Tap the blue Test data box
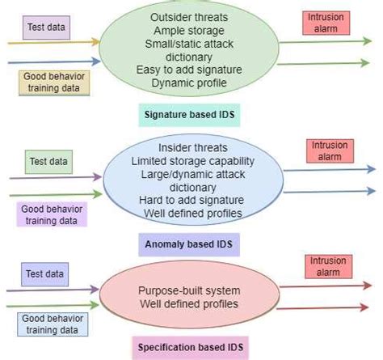point(44,274)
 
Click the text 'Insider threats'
point(192,148)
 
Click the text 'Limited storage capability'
point(192,161)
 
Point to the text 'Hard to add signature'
point(192,201)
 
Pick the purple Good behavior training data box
point(53,213)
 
